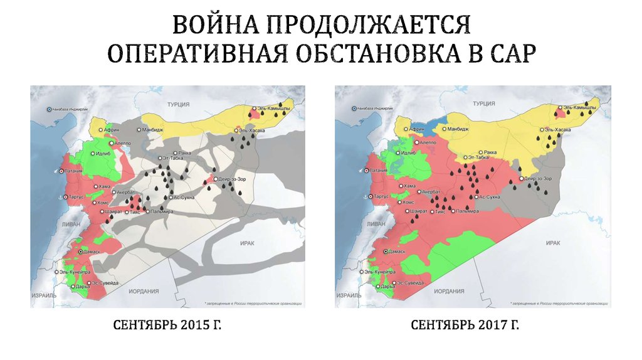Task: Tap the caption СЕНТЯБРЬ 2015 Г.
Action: tap(167, 326)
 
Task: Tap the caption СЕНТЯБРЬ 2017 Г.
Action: tap(466, 326)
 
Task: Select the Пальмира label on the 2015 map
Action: tap(161, 212)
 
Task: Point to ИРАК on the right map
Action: tap(552, 242)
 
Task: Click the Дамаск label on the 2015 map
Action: tap(90, 251)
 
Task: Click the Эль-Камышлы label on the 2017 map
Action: tap(579, 109)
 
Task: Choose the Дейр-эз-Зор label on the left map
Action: tap(232, 179)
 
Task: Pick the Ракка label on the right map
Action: tap(490, 152)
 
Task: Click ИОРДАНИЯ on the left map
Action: tap(143, 292)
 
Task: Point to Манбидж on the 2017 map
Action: tap(458, 129)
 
